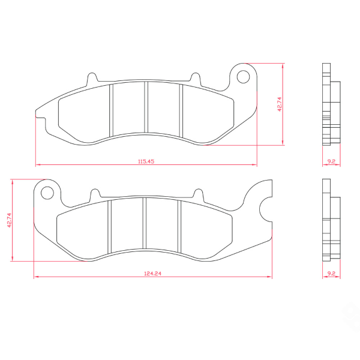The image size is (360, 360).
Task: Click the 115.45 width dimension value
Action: (x=146, y=161)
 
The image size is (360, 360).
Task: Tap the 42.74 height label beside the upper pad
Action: (x=279, y=105)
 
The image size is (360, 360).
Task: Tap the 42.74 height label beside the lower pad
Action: (x=9, y=220)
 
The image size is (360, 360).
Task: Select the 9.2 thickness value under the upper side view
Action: (x=331, y=161)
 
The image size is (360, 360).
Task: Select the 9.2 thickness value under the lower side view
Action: (x=331, y=273)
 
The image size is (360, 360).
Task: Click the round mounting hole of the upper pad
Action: (x=244, y=77)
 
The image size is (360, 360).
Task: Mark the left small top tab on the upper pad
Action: (x=92, y=78)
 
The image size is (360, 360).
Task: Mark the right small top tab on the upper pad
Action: (x=194, y=78)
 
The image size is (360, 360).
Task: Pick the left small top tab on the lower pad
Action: (x=94, y=194)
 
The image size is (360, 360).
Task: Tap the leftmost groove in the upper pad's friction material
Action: (x=111, y=109)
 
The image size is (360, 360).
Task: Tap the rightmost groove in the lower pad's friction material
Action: (x=180, y=224)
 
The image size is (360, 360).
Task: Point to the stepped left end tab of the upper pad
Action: (x=41, y=114)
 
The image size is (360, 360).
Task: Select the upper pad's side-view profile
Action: (x=329, y=105)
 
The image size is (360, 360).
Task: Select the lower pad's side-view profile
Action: (x=329, y=220)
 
